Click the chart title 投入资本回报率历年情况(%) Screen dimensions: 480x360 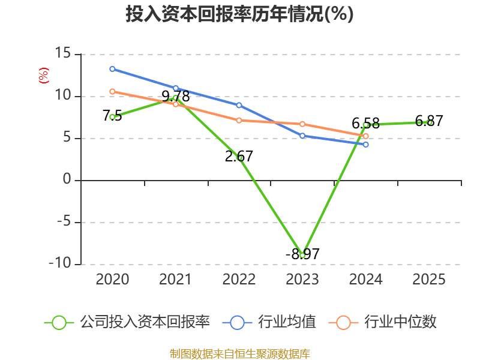tap(239, 14)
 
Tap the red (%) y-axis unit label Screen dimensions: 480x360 tap(43, 76)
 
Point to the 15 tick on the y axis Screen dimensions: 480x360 tap(63, 53)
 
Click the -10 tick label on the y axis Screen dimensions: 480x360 tap(60, 263)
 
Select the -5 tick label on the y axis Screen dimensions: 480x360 tap(64, 221)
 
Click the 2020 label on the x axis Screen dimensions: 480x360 tap(112, 279)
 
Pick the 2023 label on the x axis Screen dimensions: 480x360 tap(302, 279)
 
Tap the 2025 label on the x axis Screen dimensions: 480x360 tap(429, 279)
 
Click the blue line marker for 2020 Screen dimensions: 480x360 tap(112, 69)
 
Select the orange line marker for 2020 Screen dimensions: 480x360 tap(112, 92)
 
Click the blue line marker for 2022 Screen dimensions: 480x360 tap(239, 106)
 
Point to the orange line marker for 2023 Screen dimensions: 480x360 tap(302, 124)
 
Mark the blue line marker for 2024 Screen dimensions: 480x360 tap(366, 145)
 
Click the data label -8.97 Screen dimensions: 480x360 tap(302, 254)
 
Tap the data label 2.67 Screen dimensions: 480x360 tap(239, 157)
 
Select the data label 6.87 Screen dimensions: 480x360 tap(429, 121)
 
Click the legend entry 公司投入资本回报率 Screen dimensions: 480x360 tap(127, 322)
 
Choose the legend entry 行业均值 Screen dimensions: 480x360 tap(269, 322)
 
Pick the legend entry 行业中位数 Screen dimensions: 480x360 tap(382, 322)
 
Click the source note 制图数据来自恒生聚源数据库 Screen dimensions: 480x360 tap(240, 353)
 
